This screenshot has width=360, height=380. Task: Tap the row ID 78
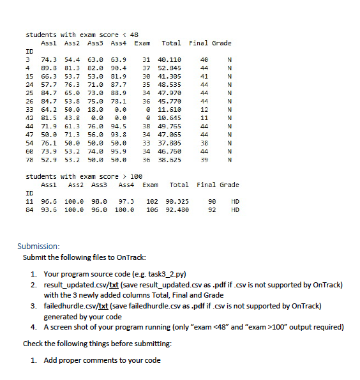pos(29,159)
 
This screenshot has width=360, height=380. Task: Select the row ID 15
pos(29,75)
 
